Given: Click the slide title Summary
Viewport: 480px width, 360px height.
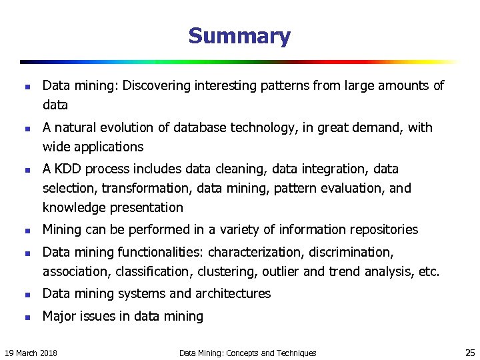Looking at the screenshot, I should tap(239, 36).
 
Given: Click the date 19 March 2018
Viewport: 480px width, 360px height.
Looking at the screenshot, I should tap(31, 353).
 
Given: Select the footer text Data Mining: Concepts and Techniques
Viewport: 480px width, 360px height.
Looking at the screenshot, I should tap(248, 353).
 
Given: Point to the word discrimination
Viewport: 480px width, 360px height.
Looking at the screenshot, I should tap(348, 252).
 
